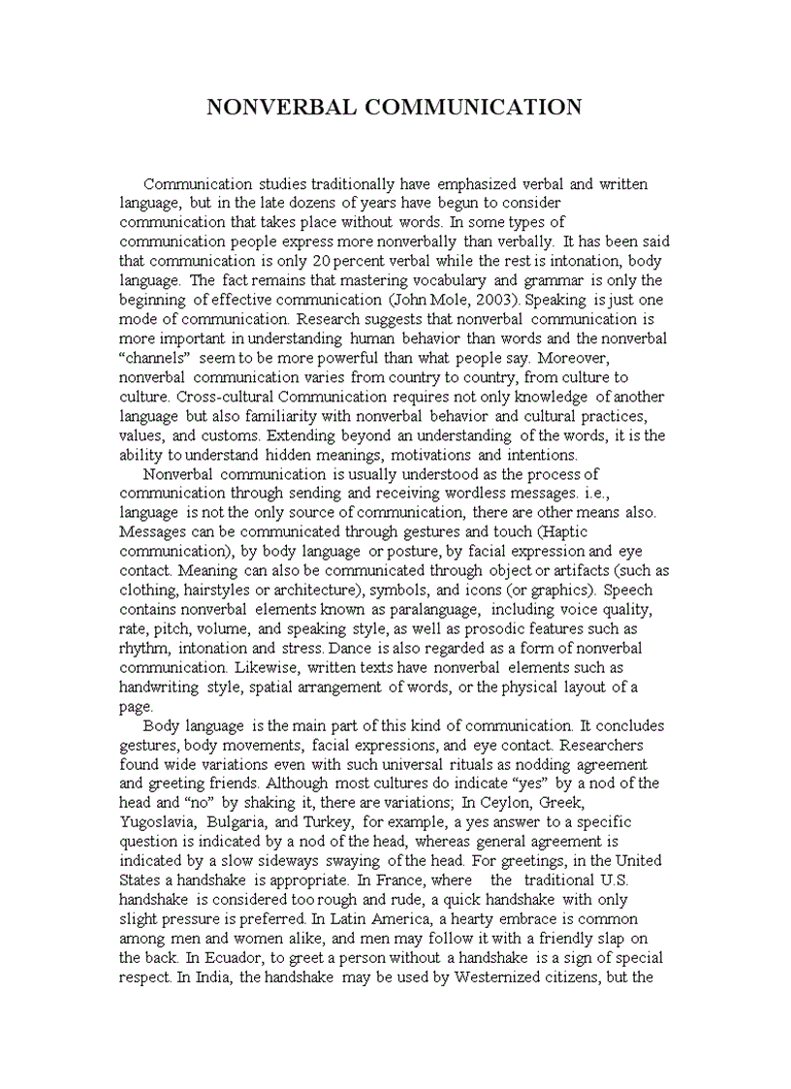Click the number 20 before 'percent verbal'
pyautogui.click(x=325, y=261)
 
